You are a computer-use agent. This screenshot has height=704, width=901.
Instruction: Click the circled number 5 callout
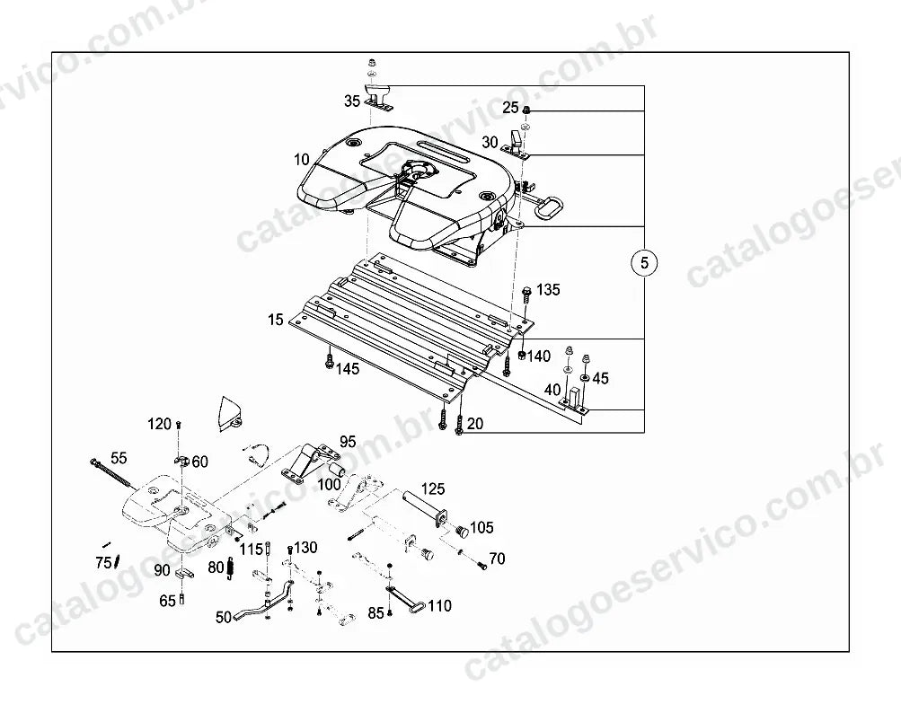644,262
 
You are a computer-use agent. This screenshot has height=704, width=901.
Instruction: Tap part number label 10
302,160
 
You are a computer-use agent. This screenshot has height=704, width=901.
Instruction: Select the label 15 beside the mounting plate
276,320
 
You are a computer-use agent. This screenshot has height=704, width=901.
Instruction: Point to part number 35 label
352,101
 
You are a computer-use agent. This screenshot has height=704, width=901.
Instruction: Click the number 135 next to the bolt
548,289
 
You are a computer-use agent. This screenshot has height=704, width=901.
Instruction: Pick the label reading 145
348,369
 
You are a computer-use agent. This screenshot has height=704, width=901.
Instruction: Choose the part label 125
433,488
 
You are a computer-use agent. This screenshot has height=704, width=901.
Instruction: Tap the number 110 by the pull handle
439,606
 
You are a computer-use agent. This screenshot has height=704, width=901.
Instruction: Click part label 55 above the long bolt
119,458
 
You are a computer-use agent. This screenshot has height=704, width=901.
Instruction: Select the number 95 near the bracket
348,442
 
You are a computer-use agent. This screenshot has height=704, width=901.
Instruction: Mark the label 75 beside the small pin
103,563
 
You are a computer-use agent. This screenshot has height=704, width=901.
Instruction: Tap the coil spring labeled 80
231,568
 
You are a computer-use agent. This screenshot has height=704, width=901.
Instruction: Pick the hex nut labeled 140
522,356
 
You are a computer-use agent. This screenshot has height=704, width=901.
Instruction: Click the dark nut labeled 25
526,110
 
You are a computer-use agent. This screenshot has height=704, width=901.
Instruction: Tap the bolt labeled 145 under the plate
330,361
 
